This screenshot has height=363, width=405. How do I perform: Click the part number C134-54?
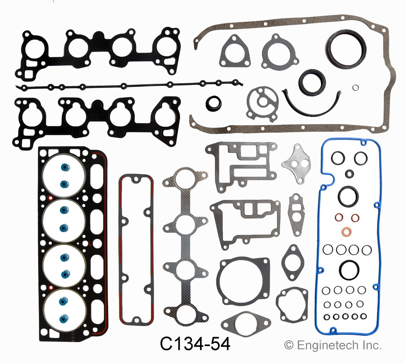tap(195, 344)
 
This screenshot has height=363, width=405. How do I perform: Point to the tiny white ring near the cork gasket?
tap(355, 88)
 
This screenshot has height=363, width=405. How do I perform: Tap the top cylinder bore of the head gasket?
tap(65, 176)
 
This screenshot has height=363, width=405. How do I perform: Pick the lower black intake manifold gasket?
tap(95, 122)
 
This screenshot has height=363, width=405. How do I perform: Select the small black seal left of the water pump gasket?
tap(213, 102)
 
